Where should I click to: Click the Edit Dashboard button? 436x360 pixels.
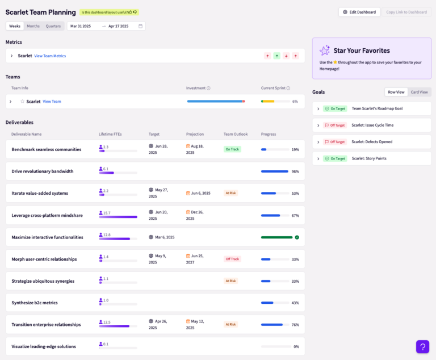tap(359, 12)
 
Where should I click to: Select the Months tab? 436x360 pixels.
tap(33, 26)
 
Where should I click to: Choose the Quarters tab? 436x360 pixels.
tap(53, 26)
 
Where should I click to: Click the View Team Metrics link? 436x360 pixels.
tap(50, 56)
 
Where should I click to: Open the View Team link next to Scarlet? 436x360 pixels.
tap(52, 102)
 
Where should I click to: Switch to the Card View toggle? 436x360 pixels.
tap(419, 92)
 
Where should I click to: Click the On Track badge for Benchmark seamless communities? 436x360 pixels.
tap(232, 149)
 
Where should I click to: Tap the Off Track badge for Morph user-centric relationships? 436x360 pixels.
tap(232, 259)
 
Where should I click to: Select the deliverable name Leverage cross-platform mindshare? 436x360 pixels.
tap(46, 215)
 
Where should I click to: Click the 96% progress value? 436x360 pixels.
tap(295, 171)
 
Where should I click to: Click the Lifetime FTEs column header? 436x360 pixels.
tap(110, 134)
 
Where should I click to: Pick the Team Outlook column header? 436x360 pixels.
tap(236, 134)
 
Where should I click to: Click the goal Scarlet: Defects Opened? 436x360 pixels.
tap(372, 142)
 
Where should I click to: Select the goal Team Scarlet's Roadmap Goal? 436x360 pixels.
tap(377, 108)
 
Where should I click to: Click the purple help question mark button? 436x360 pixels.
tap(422, 346)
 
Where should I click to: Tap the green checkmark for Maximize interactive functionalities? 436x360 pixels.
tap(297, 237)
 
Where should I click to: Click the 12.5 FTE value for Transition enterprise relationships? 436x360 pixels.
tap(107, 322)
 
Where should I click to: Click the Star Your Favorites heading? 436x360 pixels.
tap(362, 51)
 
